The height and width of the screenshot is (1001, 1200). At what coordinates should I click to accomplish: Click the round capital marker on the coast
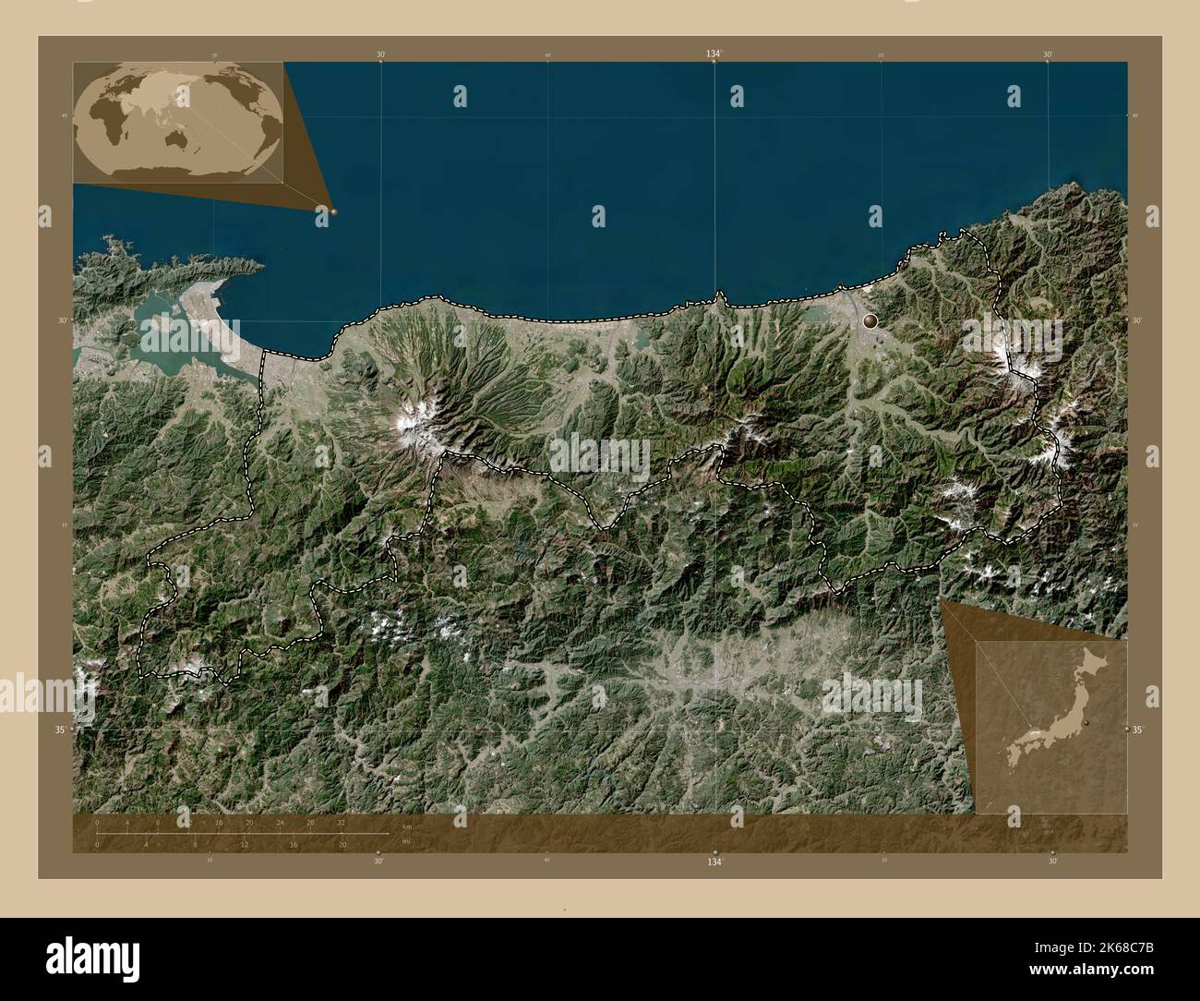(x=870, y=320)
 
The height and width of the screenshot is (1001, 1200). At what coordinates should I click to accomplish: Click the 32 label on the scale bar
(x=341, y=822)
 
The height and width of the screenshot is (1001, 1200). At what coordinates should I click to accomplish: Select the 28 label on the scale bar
(x=310, y=822)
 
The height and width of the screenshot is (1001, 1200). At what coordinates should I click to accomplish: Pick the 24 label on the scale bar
(x=280, y=822)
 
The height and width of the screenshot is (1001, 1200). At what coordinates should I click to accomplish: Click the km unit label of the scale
(x=406, y=826)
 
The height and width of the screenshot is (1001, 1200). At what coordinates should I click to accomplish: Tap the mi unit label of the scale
(x=406, y=841)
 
